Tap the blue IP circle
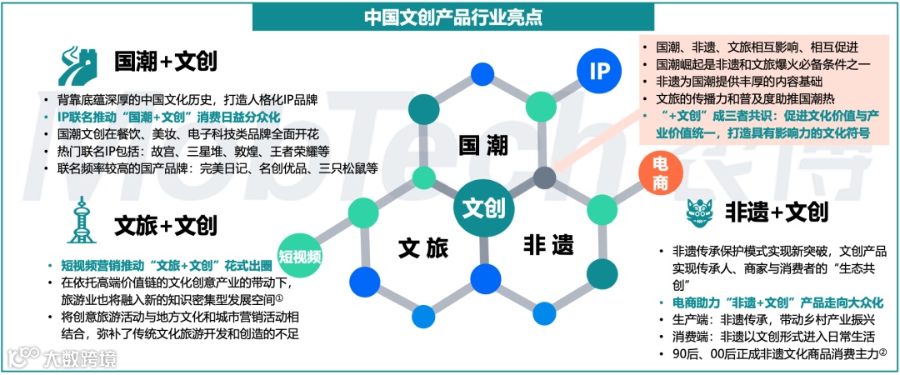point(600,71)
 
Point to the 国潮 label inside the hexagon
point(483,145)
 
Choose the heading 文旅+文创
point(166,225)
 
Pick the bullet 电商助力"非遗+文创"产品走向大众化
point(771,302)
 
